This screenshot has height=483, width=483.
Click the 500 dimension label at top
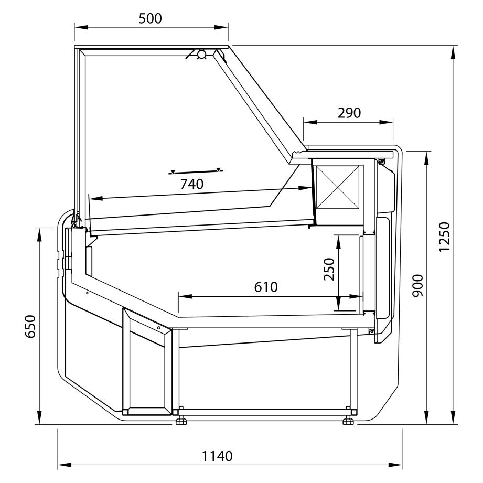click(150, 18)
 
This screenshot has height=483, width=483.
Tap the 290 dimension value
click(349, 113)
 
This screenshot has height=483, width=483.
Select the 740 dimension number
click(192, 184)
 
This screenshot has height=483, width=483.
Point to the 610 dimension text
click(266, 287)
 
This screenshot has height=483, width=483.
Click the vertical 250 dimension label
click(329, 269)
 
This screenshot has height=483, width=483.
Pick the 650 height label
click(30, 327)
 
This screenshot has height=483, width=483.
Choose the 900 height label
click(417, 285)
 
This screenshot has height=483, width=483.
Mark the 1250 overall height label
click(444, 237)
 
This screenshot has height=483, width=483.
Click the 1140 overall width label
click(217, 456)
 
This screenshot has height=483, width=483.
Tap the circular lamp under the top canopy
click(202, 55)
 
